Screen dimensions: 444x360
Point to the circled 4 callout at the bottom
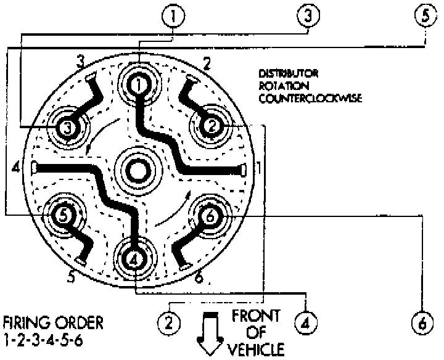(305, 321)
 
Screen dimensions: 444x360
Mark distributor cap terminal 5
(63, 215)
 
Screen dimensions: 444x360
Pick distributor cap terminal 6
(210, 216)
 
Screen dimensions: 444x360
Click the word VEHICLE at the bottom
(258, 349)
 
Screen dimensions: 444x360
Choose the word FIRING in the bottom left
(25, 322)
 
